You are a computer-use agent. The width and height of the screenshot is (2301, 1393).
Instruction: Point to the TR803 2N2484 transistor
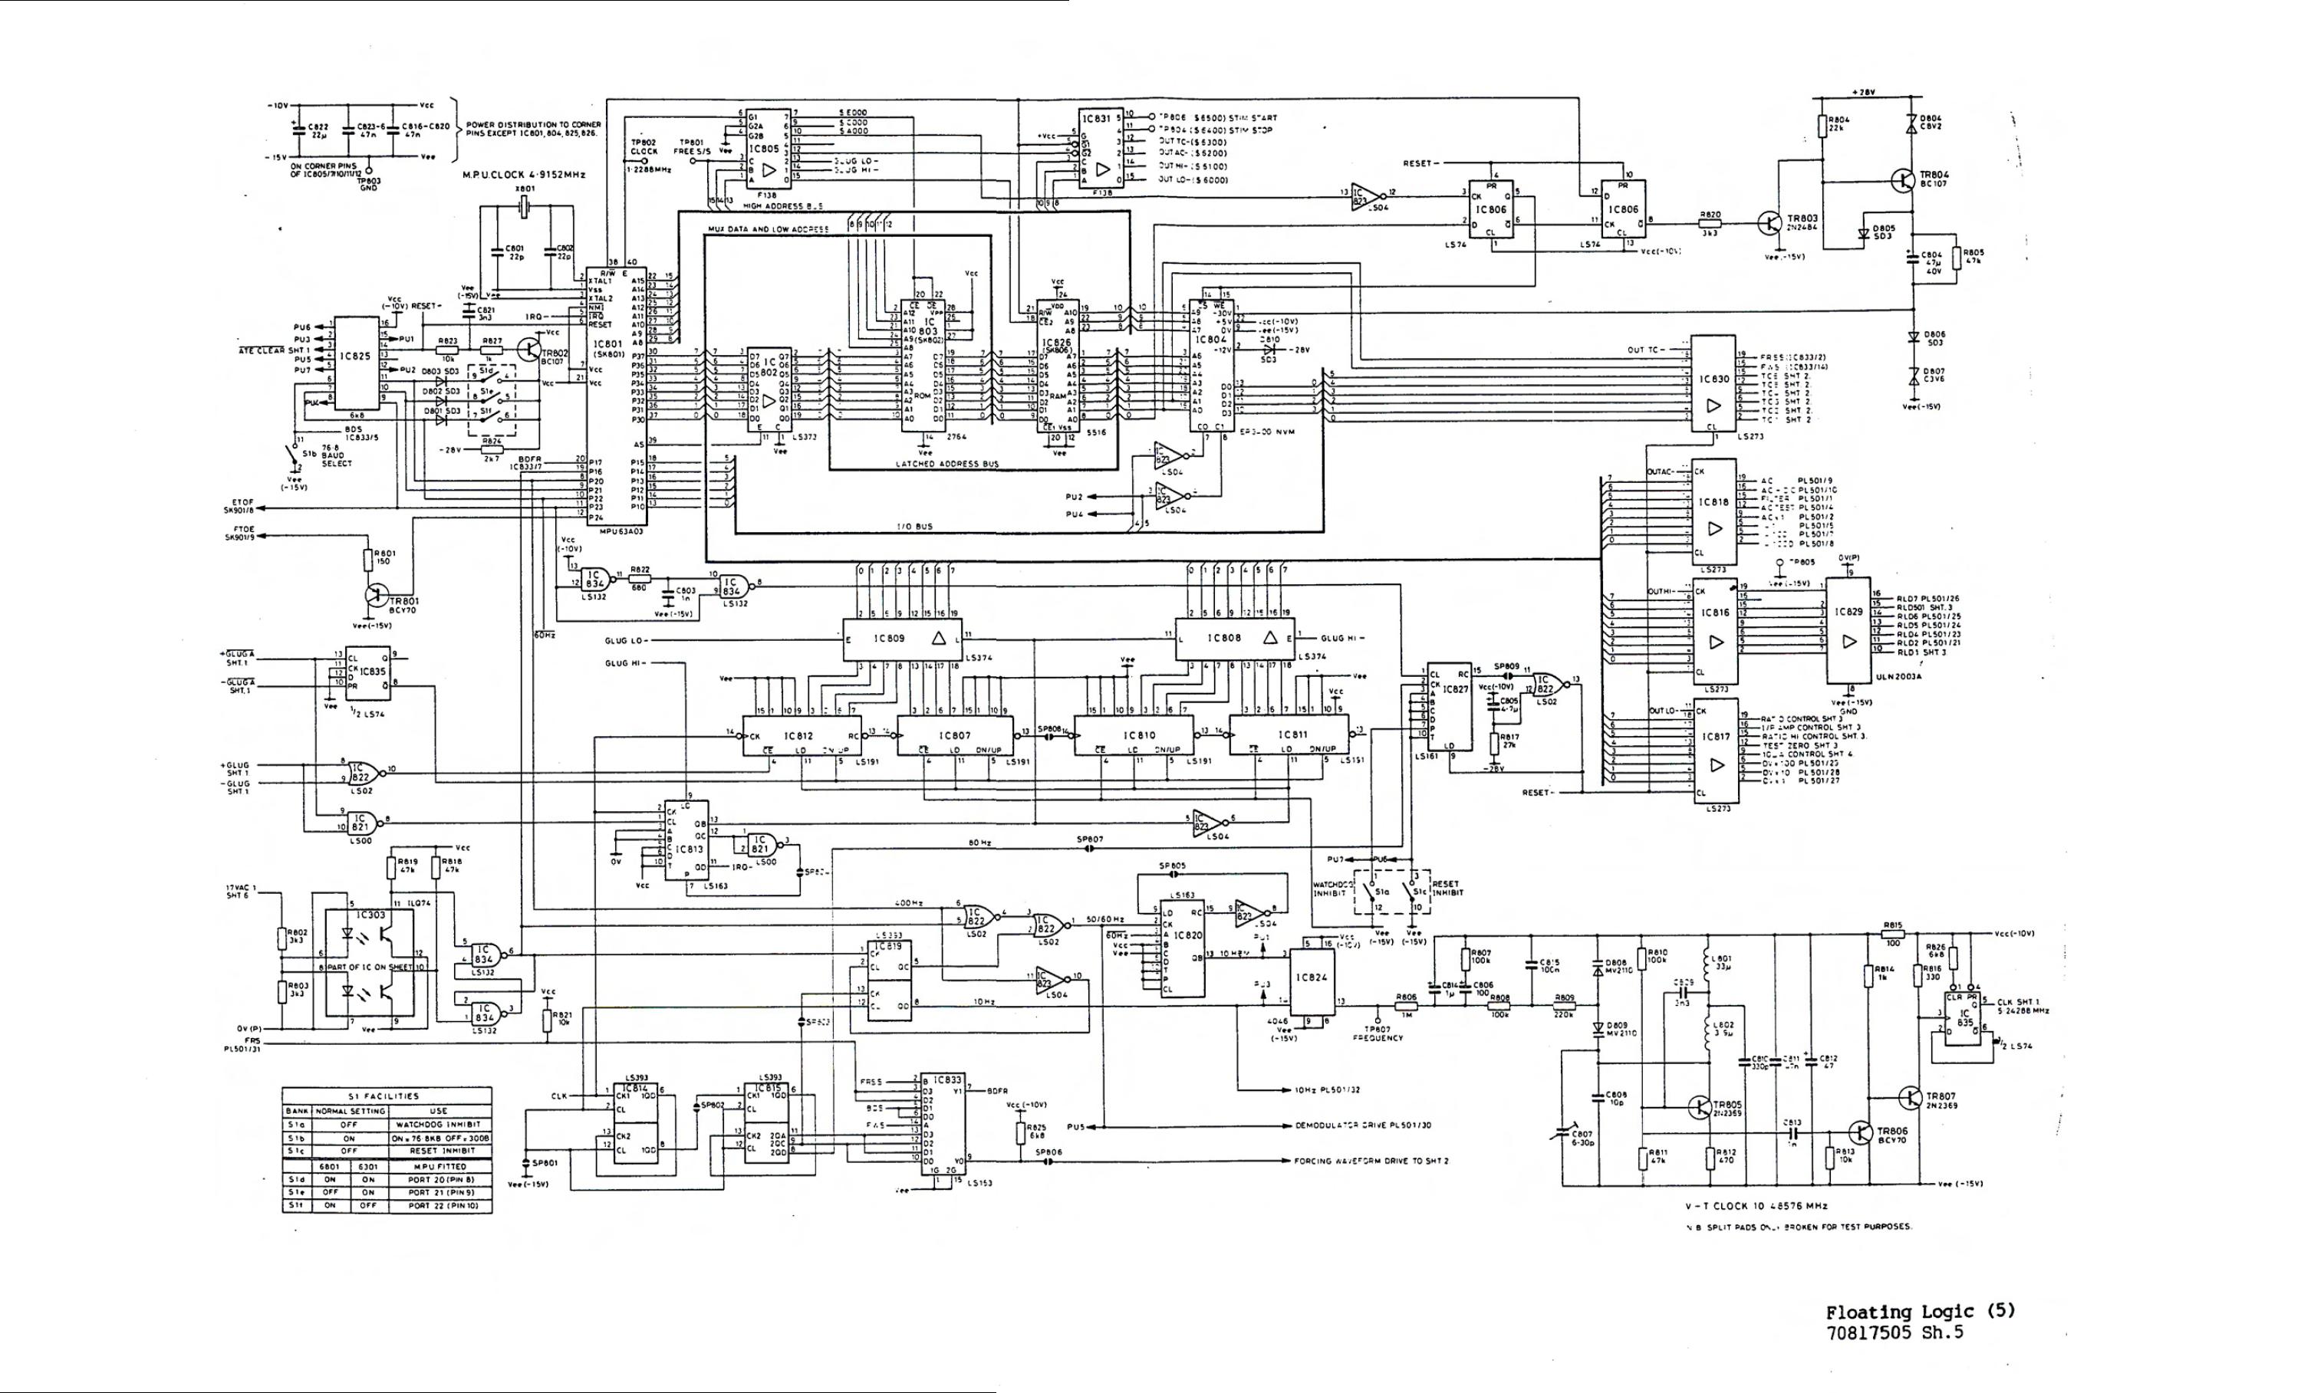pos(1768,223)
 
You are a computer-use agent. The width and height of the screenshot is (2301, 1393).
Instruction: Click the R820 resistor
pos(1710,223)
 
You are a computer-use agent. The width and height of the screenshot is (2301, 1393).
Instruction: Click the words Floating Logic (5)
pos(1920,1311)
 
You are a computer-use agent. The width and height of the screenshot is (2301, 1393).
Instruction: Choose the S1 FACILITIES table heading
pos(387,1096)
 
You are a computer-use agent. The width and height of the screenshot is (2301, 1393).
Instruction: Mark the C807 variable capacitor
pos(1559,1135)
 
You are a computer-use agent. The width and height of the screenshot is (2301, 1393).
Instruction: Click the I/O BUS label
pos(914,527)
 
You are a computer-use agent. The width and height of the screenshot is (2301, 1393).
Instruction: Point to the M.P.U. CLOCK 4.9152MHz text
pos(524,175)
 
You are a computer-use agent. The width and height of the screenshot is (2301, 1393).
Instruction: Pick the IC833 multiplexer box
pos(943,1129)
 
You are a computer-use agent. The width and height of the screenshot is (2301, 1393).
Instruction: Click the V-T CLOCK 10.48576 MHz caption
pos(1756,1205)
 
